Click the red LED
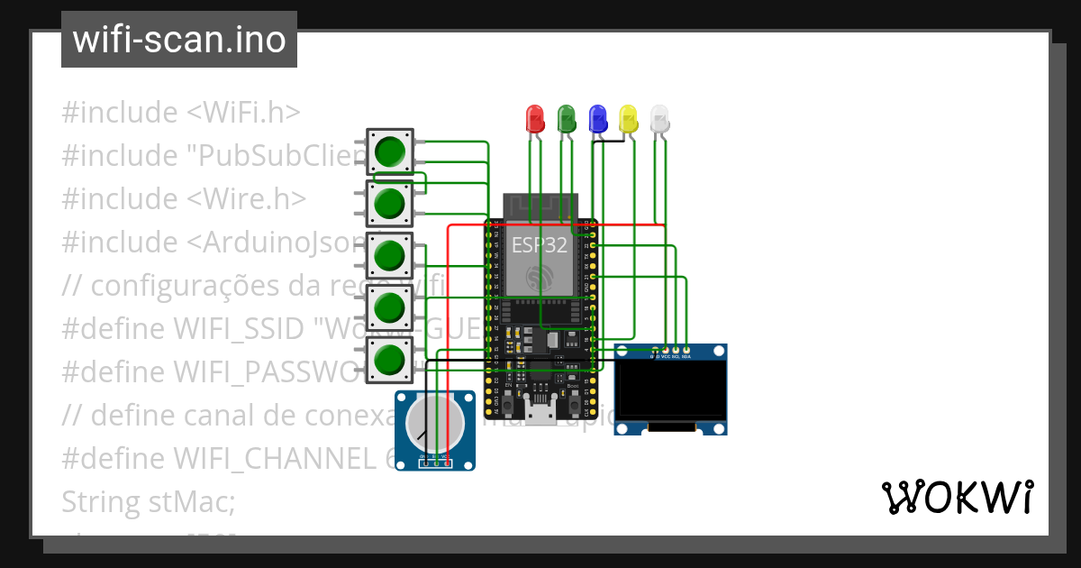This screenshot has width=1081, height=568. point(535,118)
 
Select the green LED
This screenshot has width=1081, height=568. point(567,118)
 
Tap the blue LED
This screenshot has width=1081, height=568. point(597,118)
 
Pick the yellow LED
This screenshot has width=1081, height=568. point(629,118)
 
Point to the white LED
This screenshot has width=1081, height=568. point(659,118)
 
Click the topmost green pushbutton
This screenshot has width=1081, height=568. point(389,151)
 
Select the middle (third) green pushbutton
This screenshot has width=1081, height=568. point(389,256)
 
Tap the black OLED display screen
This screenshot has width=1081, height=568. point(670,393)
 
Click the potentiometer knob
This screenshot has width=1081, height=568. point(434,424)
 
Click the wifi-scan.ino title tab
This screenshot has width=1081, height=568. point(179,40)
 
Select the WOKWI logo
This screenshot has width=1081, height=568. point(957,497)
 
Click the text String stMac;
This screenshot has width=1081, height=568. point(148,501)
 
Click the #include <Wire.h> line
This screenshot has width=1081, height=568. point(184,198)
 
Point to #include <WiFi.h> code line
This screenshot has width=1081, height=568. point(180,113)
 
